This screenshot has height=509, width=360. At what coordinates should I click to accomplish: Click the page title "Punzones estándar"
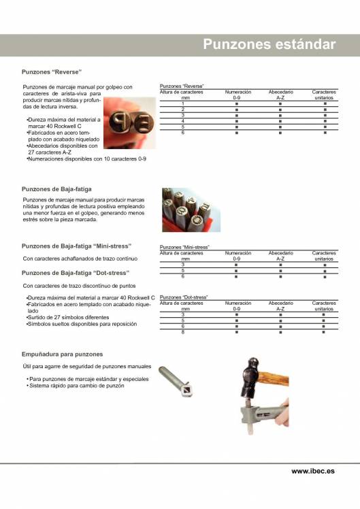(269, 45)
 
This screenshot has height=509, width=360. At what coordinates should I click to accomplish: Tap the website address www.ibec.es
(313, 471)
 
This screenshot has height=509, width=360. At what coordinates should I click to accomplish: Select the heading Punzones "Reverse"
(52, 71)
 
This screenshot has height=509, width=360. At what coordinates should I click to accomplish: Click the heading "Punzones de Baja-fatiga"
(57, 188)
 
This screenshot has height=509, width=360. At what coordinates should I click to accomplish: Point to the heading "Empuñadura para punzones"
(63, 355)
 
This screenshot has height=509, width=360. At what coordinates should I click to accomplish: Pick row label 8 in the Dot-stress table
(182, 331)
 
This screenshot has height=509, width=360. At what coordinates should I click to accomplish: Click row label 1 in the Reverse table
(182, 103)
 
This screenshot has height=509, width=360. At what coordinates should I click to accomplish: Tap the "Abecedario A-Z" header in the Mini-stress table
(280, 255)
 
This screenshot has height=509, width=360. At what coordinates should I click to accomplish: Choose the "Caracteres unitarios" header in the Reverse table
(324, 95)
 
